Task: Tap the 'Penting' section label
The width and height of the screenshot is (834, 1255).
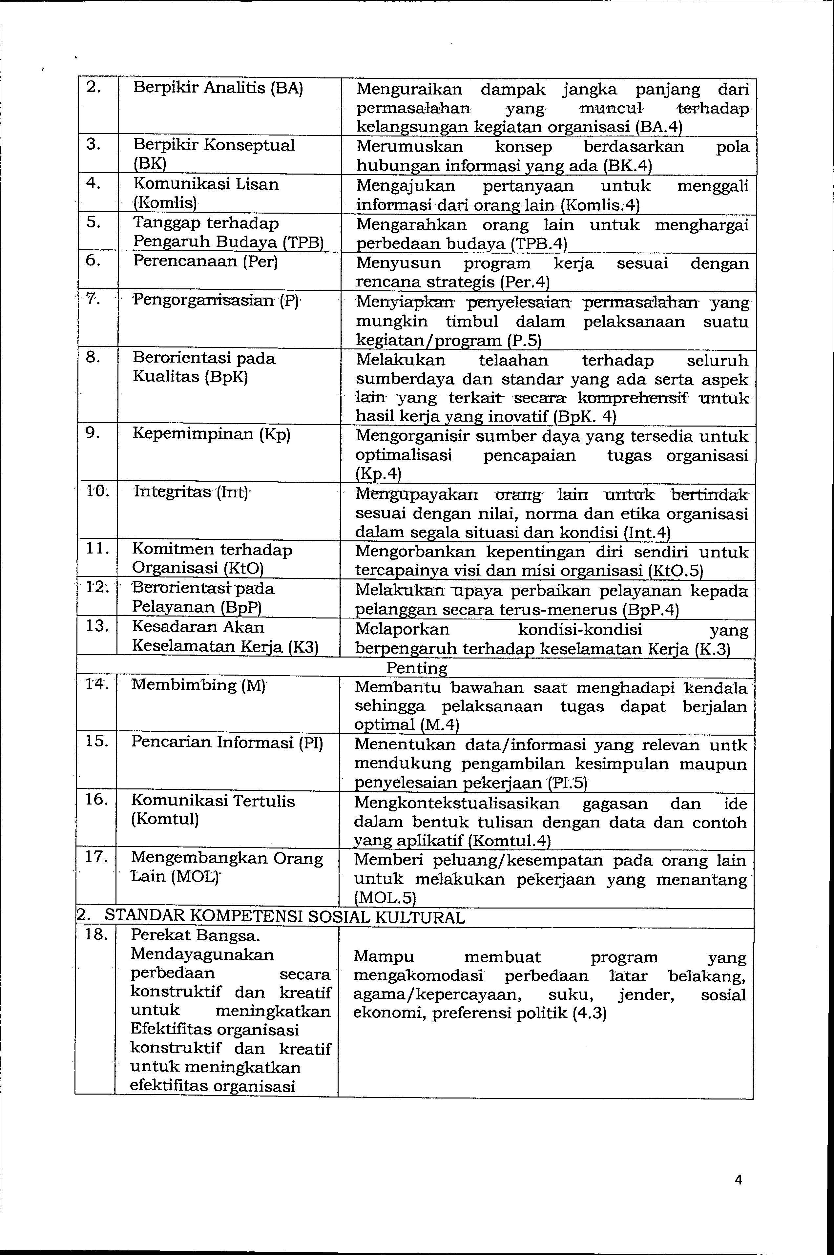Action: pyautogui.click(x=416, y=667)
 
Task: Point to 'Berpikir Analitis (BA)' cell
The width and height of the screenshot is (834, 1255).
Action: pyautogui.click(x=218, y=88)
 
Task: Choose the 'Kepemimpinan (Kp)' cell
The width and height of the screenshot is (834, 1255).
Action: pyautogui.click(x=212, y=434)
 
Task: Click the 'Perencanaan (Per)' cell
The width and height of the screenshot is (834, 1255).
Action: pyautogui.click(x=206, y=261)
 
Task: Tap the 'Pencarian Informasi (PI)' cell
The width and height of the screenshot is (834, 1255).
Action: pyautogui.click(x=227, y=742)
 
